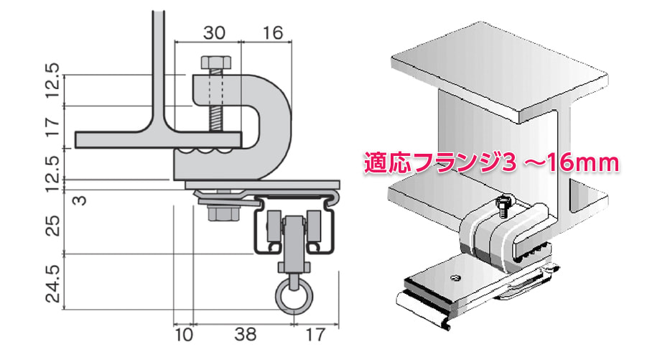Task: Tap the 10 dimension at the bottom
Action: click(x=183, y=334)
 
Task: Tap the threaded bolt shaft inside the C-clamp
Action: click(x=214, y=108)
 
